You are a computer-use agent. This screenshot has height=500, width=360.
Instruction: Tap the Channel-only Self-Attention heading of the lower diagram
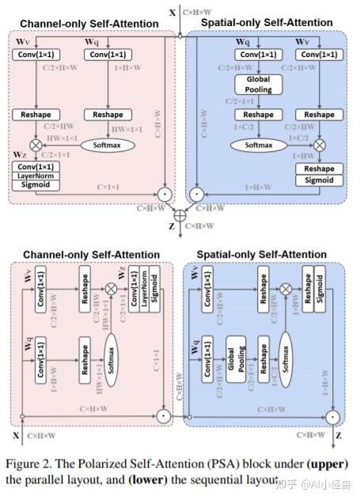click(91, 254)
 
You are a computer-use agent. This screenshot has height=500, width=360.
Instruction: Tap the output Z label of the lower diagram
click(339, 435)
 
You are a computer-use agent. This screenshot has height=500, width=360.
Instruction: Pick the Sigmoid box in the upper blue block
click(319, 180)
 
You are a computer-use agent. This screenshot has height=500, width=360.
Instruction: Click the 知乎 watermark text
click(288, 482)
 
